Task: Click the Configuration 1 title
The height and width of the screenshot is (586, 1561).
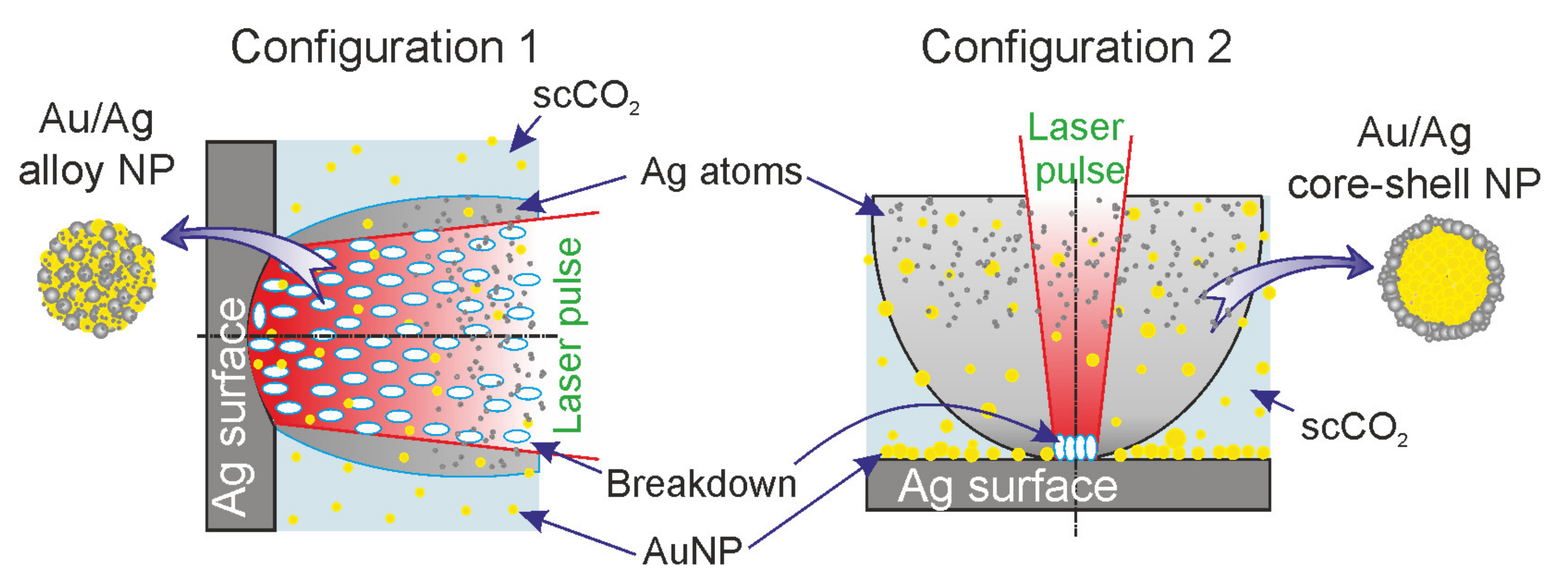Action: tap(384, 48)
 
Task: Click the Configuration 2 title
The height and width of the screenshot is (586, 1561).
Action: tap(1076, 48)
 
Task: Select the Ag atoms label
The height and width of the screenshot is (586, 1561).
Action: tap(721, 173)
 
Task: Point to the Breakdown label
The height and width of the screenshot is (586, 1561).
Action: tap(701, 484)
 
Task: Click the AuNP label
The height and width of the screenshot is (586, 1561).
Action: tap(692, 552)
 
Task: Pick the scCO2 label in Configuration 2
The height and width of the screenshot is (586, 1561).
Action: tap(1353, 428)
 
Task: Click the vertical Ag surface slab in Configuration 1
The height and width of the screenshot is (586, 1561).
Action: tap(241, 337)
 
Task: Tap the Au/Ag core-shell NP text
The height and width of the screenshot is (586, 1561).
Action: tap(1414, 159)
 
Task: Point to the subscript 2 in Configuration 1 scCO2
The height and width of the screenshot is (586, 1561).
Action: tap(634, 108)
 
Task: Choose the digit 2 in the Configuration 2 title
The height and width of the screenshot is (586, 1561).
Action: tap(1219, 48)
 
